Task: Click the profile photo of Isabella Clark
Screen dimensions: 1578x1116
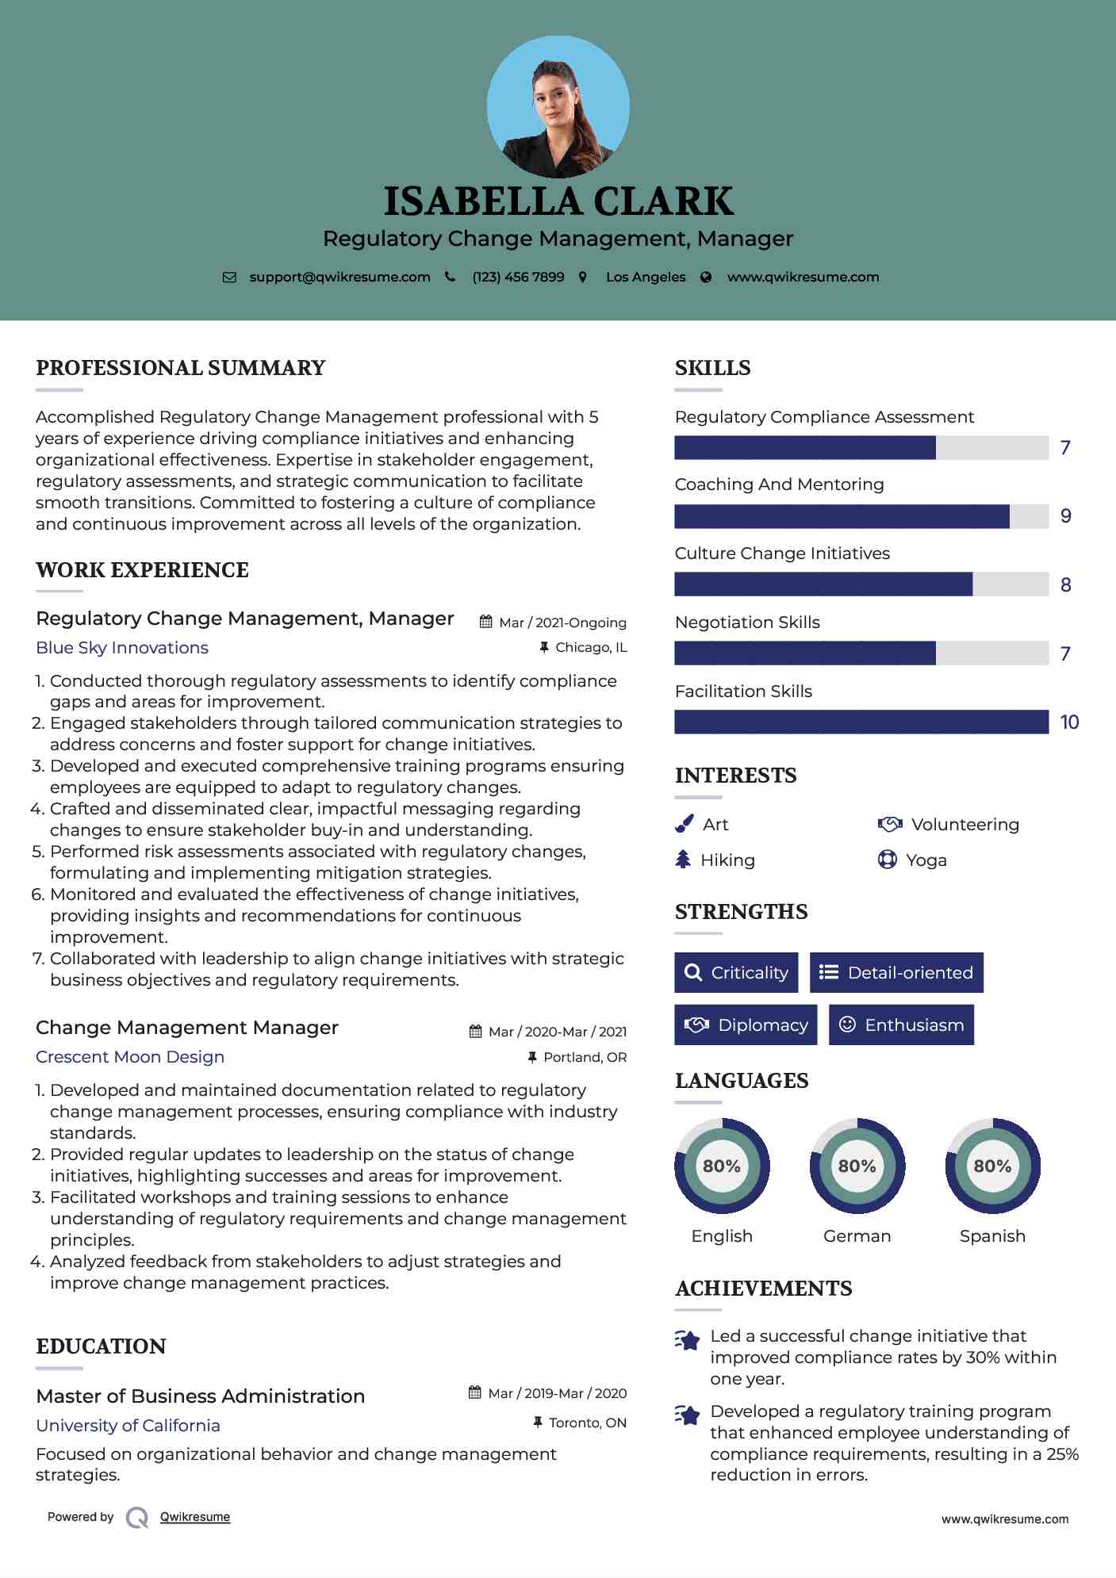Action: [558, 106]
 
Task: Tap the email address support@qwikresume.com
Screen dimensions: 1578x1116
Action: [339, 277]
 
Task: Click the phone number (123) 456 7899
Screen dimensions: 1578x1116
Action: [518, 277]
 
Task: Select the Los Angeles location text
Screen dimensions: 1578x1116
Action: [646, 277]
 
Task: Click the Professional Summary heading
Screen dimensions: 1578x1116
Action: [181, 368]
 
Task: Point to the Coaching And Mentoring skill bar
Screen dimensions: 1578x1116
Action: [861, 516]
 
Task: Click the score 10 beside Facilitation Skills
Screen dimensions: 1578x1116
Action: [1068, 722]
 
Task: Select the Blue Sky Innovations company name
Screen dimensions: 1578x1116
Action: [122, 648]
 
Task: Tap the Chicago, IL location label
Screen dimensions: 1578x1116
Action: [591, 648]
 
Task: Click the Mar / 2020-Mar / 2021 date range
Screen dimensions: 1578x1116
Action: [557, 1032]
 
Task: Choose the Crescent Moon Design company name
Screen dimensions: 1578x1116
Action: [130, 1057]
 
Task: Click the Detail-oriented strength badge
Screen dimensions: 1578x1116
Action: [896, 972]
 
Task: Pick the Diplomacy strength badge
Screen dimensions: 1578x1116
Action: [746, 1025]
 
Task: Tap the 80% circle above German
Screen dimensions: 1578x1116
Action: [857, 1166]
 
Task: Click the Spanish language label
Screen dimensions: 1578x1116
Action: [992, 1236]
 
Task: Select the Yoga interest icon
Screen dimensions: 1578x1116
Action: [887, 860]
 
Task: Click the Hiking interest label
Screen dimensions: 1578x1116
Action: [727, 860]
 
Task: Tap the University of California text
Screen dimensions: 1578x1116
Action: [128, 1426]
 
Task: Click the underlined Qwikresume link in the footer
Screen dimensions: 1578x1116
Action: [195, 1517]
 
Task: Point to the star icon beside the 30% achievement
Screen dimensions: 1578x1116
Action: [688, 1340]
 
